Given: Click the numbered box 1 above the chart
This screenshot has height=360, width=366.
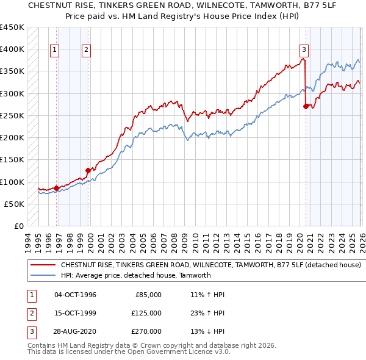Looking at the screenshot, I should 56,50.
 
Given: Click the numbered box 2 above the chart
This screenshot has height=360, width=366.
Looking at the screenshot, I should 87,50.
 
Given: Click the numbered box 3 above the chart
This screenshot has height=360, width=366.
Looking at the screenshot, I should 304,50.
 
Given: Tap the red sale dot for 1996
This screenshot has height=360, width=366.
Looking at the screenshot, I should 57,188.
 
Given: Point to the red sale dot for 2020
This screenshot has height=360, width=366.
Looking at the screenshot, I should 306,106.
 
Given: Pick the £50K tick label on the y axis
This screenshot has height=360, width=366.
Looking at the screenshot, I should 14,204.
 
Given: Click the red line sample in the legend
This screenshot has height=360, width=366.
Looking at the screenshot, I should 43,265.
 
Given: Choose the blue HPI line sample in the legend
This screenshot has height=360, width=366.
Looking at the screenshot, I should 43,275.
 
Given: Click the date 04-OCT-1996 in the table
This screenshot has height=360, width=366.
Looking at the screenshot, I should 75,295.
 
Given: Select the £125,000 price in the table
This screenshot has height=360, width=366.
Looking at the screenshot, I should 146,313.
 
